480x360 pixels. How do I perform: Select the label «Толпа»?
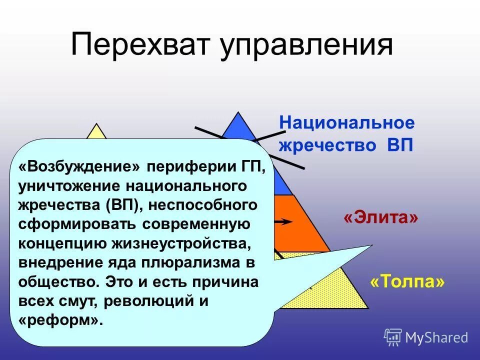coord(407,282)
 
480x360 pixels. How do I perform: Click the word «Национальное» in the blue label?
coord(347,123)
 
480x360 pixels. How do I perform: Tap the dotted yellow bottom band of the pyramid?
coord(340,292)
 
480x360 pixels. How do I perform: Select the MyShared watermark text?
coord(436,338)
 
